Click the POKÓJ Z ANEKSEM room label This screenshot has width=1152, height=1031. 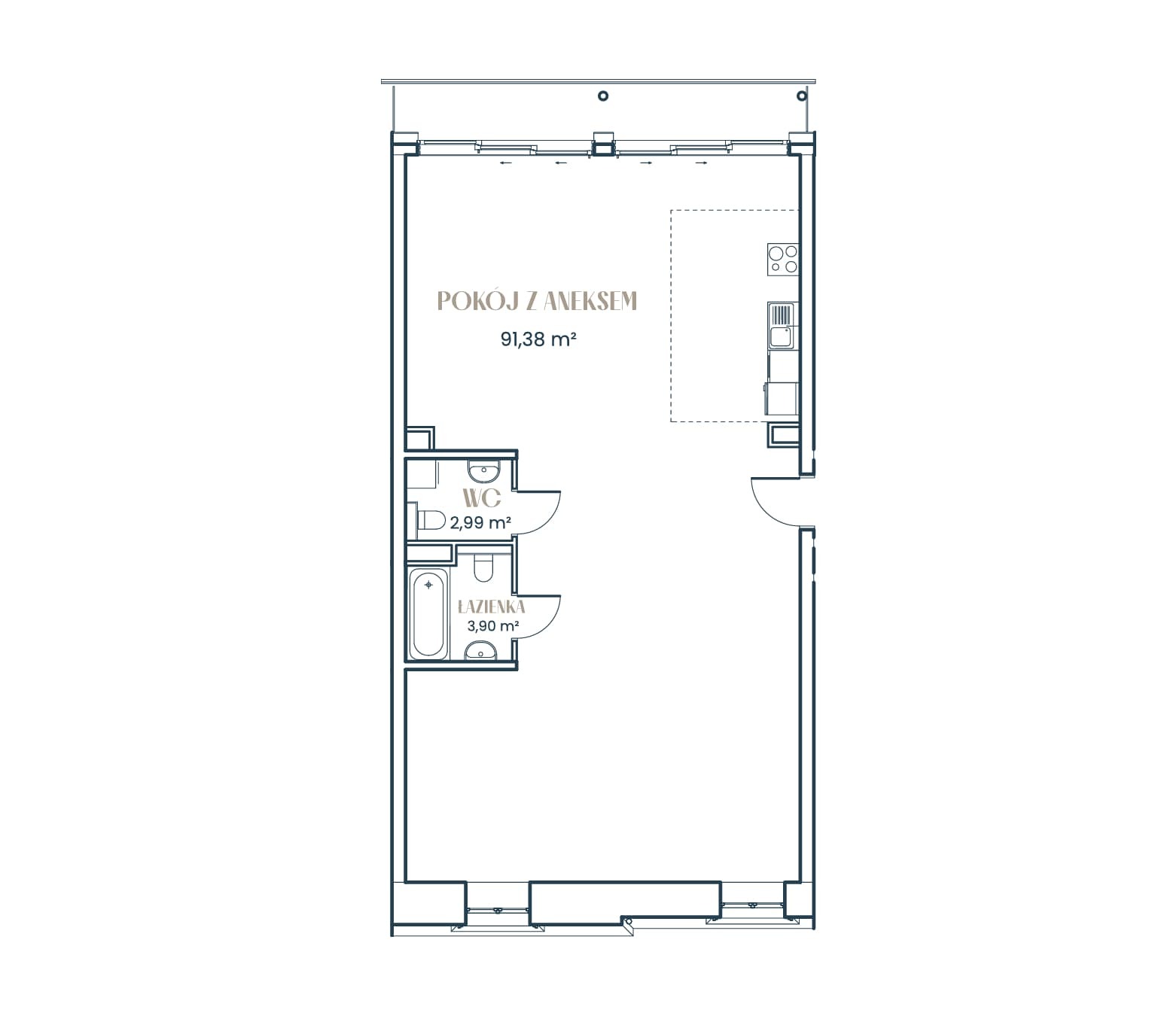(x=537, y=300)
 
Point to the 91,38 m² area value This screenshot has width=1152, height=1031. (x=538, y=339)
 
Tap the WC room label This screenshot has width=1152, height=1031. (x=482, y=498)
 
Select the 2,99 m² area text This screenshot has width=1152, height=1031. (x=480, y=522)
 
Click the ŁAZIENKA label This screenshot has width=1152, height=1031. (x=491, y=607)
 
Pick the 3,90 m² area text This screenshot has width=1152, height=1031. (x=492, y=626)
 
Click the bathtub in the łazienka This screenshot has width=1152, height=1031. (x=428, y=614)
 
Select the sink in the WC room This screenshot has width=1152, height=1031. (x=484, y=470)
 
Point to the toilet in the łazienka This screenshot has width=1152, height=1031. (x=483, y=567)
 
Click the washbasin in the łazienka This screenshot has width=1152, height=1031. (x=481, y=652)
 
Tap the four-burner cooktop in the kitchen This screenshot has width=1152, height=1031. (x=782, y=259)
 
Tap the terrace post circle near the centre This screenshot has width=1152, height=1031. (x=603, y=96)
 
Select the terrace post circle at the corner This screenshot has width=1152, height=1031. (x=802, y=96)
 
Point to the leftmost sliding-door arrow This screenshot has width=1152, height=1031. (x=505, y=163)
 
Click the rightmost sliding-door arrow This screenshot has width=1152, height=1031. (x=702, y=163)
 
